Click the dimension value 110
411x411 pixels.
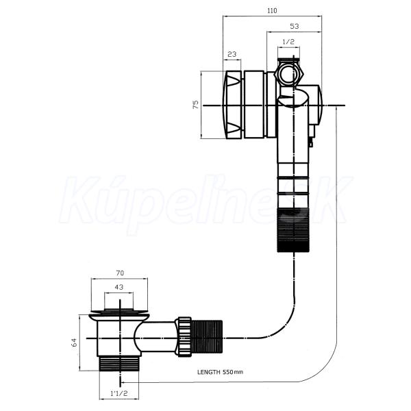(x=272, y=11)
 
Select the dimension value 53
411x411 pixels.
(x=295, y=26)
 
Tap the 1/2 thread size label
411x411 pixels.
(x=288, y=42)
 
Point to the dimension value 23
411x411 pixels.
(x=232, y=54)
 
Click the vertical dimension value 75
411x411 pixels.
(x=196, y=105)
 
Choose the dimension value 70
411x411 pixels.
(x=120, y=273)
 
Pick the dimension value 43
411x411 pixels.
(x=119, y=287)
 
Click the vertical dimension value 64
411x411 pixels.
(x=75, y=342)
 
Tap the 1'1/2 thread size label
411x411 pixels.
(x=119, y=393)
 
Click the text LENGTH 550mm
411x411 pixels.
(x=220, y=372)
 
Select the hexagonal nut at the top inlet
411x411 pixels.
(x=289, y=73)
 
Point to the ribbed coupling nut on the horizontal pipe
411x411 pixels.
(x=184, y=337)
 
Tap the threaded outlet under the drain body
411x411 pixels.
(x=119, y=363)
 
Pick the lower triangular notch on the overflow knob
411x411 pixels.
(x=232, y=128)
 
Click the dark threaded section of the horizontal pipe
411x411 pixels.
(x=207, y=337)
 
